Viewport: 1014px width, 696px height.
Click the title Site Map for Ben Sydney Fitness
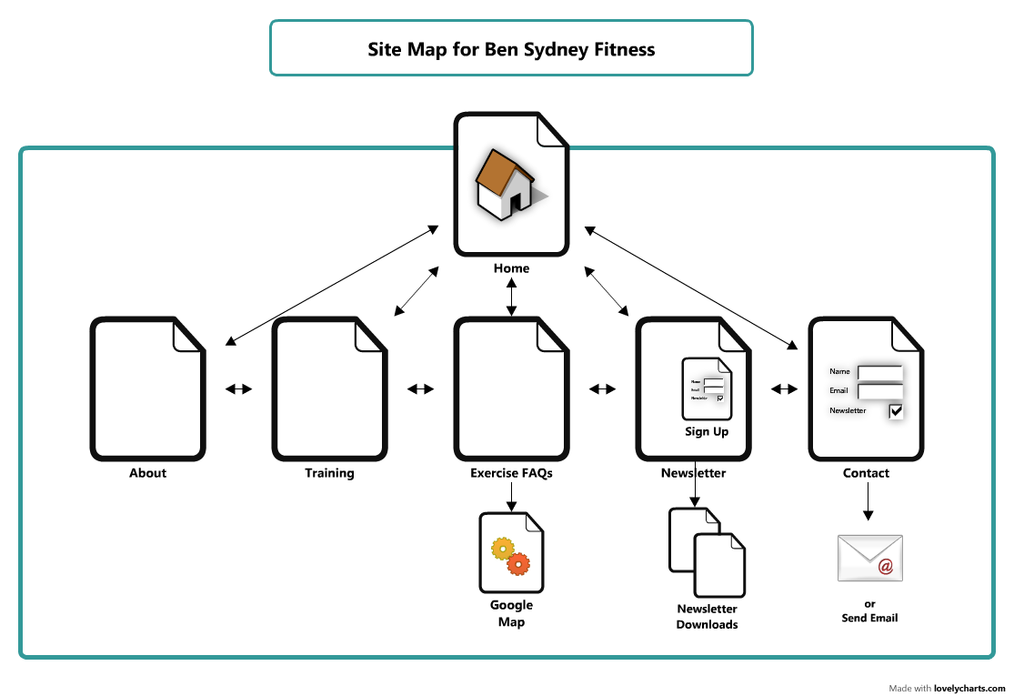coord(511,49)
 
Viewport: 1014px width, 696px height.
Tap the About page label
coord(147,473)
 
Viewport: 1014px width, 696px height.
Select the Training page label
coord(329,473)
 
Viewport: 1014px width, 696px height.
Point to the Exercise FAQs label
coord(511,473)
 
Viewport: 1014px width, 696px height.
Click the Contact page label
coord(866,473)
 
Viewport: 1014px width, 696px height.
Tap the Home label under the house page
coord(511,268)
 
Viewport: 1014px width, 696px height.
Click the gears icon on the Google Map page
coord(510,556)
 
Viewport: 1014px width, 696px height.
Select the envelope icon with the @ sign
coord(869,558)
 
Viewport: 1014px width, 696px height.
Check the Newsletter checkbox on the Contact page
coord(896,411)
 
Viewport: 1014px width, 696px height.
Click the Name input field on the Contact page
coord(879,372)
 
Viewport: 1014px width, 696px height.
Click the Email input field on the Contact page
coord(879,391)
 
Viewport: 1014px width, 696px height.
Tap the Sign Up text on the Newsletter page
coord(707,431)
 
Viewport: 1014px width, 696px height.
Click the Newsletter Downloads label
coord(707,617)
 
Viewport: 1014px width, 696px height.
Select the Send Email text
coord(869,618)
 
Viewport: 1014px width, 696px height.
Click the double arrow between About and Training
coord(238,389)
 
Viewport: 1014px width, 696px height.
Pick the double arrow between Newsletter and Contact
coord(784,389)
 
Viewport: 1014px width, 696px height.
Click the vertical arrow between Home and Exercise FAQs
coord(511,299)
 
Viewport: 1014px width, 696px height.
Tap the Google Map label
coord(511,613)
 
